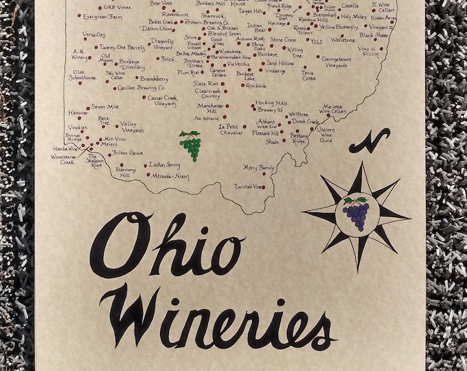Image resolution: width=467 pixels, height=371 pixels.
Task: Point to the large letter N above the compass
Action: (369, 140)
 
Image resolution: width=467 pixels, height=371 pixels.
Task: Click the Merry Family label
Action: (260, 168)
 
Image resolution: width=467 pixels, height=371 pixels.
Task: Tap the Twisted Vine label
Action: (249, 186)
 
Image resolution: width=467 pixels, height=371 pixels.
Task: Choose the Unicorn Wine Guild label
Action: (326, 135)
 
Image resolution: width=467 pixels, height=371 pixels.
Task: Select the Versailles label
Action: (94, 34)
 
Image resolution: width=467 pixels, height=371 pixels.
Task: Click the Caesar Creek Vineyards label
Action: (161, 101)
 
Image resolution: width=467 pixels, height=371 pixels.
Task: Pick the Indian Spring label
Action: (165, 165)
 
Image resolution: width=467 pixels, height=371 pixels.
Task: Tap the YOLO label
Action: (316, 41)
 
